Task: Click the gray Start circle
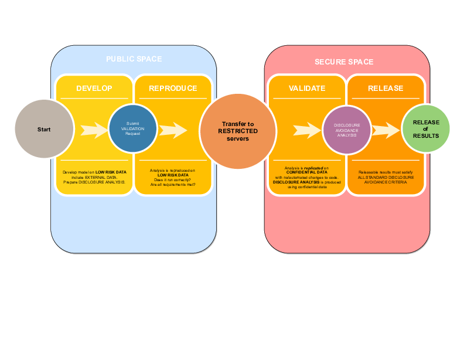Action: pyautogui.click(x=44, y=129)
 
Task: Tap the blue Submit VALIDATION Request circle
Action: pyautogui.click(x=133, y=128)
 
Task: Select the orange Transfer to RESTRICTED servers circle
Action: pyautogui.click(x=237, y=131)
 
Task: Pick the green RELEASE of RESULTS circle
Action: pyautogui.click(x=425, y=128)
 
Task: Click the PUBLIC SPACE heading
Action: pyautogui.click(x=134, y=59)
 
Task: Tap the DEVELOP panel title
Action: pyautogui.click(x=94, y=89)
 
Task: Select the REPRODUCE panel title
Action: pyautogui.click(x=173, y=89)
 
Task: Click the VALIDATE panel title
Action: pyautogui.click(x=307, y=89)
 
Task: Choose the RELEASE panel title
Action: pyautogui.click(x=385, y=89)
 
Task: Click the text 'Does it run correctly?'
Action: pyautogui.click(x=173, y=179)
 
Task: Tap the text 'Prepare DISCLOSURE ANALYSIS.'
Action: pyautogui.click(x=94, y=182)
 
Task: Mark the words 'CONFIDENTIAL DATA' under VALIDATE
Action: pyautogui.click(x=307, y=172)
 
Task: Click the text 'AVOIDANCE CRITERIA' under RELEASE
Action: pyautogui.click(x=385, y=182)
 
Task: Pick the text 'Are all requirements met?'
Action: pyautogui.click(x=173, y=185)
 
